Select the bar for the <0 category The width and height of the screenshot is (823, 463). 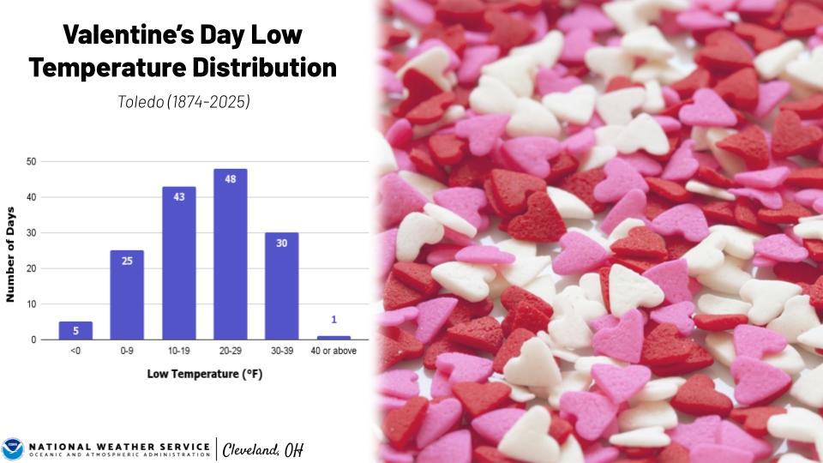pos(75,330)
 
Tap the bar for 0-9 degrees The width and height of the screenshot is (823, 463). pos(127,295)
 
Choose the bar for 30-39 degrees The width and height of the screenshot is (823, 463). pos(281,286)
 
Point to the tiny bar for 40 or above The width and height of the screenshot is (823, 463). pos(333,338)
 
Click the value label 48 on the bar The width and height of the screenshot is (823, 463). pos(230,180)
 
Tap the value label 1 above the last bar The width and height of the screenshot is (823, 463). pos(333,320)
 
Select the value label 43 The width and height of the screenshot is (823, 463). pos(178,196)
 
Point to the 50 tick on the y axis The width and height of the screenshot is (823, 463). pos(31,161)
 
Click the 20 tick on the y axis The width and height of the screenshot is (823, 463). pos(31,268)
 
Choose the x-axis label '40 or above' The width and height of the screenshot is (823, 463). pos(333,352)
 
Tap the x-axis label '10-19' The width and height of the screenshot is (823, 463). pos(178,352)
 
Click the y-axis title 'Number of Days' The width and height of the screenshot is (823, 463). pos(11,253)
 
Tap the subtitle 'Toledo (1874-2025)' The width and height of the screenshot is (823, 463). pos(183,101)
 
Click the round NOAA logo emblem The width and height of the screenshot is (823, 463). pos(13,448)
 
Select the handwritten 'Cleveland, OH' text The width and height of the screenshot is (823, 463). pos(262,449)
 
